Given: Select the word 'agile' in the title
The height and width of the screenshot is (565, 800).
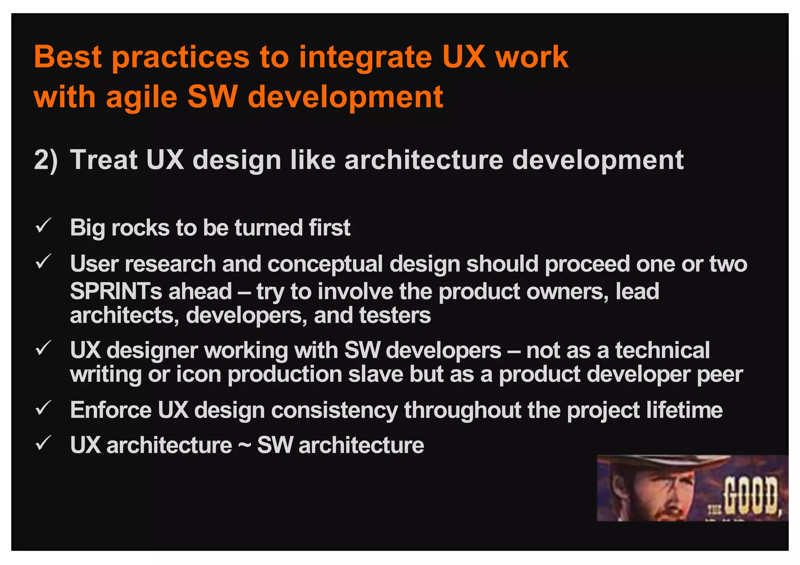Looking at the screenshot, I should click(142, 98).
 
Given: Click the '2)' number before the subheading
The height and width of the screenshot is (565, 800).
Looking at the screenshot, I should click(46, 160).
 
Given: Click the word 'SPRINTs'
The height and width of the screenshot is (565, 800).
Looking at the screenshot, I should click(116, 292).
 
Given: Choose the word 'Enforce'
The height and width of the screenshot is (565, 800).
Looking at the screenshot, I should click(111, 410).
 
